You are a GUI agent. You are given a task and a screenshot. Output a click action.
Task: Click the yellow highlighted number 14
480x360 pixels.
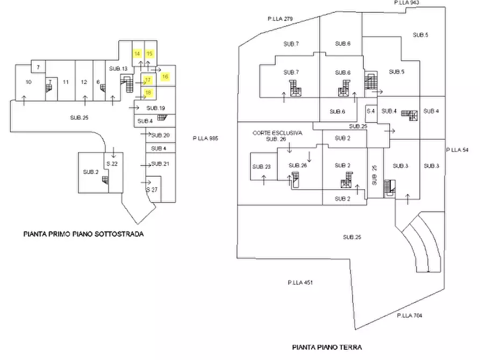coord(137,53)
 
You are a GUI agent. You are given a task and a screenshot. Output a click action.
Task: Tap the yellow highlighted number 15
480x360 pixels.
coord(150,53)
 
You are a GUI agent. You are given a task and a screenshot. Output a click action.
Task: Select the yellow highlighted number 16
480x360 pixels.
coord(165,77)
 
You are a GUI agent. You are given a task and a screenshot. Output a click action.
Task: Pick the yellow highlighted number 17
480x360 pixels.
coord(147,80)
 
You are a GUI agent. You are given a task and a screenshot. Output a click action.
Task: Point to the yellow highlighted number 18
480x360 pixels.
coord(148,92)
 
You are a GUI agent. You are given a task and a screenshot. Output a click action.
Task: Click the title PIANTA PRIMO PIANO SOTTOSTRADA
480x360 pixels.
coord(83,234)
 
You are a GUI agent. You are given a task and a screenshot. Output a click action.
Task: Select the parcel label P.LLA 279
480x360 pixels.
coord(280,19)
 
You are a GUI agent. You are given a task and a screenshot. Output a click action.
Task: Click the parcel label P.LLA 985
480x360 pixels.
coord(205,138)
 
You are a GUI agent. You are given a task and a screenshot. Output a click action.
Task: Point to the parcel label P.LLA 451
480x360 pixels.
coord(300,282)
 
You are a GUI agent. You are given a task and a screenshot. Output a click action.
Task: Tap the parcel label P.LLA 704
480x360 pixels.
coord(410,315)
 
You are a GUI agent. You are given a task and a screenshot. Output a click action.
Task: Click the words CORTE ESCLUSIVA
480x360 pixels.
coord(277,133)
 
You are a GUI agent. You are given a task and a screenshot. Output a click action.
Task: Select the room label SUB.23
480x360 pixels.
coord(261,166)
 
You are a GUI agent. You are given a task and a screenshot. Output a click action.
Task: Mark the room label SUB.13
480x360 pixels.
coord(118,69)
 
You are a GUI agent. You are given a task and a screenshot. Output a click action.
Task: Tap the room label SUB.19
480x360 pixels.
coord(155,109)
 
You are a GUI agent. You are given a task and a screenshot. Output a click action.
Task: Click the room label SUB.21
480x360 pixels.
coord(160,163)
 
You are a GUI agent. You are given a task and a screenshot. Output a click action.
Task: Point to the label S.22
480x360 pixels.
coord(112,163)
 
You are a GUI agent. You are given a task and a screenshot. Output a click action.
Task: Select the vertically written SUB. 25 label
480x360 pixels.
coord(375,175)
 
